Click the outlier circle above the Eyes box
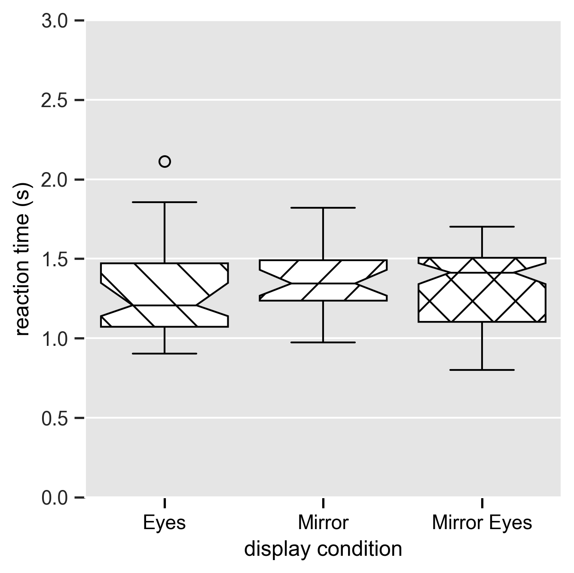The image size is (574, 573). pyautogui.click(x=165, y=162)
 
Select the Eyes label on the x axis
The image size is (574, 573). pyautogui.click(x=164, y=523)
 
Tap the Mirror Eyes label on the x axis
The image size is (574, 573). pyautogui.click(x=482, y=523)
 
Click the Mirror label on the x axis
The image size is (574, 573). pyautogui.click(x=323, y=523)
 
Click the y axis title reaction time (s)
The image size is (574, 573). pyautogui.click(x=22, y=259)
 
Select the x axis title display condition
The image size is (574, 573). pyautogui.click(x=323, y=549)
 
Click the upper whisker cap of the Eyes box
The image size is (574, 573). pyautogui.click(x=165, y=202)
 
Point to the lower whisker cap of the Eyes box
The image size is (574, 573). pyautogui.click(x=165, y=354)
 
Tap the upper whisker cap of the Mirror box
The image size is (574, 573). pyautogui.click(x=323, y=208)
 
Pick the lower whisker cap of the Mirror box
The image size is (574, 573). pyautogui.click(x=323, y=342)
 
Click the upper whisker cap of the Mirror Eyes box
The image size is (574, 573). pyautogui.click(x=482, y=227)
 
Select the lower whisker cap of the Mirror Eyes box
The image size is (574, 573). pyautogui.click(x=482, y=370)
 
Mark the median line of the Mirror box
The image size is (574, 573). pyautogui.click(x=323, y=283)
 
